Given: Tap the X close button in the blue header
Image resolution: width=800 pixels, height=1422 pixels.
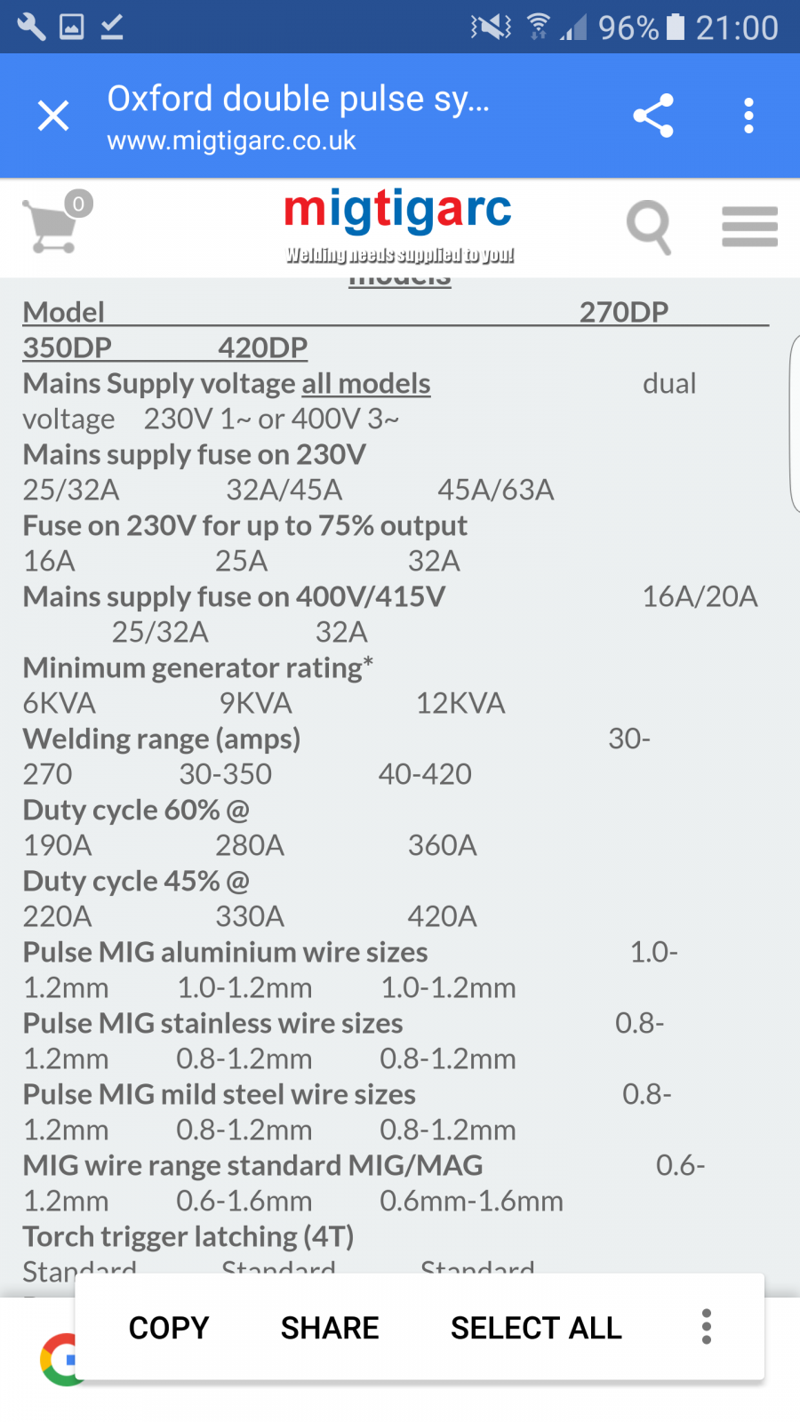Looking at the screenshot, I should click(53, 116).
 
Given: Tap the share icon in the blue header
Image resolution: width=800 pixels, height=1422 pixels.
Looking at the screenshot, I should click(653, 116).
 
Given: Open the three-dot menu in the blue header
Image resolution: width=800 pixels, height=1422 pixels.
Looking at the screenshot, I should click(748, 116).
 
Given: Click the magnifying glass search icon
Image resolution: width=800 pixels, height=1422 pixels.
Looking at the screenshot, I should click(649, 227).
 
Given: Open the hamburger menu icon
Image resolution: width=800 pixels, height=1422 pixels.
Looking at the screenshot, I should click(749, 227).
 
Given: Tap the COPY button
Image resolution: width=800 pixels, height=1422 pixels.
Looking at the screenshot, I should click(169, 1328).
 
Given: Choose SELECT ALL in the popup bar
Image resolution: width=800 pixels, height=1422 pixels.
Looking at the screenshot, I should click(536, 1328).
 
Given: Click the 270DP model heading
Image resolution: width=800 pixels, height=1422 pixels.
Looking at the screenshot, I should click(624, 312).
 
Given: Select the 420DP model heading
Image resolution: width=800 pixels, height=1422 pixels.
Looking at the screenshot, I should click(263, 348).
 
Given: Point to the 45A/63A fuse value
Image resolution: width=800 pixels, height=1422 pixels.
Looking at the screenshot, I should click(496, 490).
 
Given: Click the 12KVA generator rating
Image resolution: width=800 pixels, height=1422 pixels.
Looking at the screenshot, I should click(460, 703).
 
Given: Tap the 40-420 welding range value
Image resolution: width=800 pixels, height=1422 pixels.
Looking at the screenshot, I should click(425, 774).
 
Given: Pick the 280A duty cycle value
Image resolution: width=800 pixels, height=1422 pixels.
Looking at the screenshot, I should click(250, 845).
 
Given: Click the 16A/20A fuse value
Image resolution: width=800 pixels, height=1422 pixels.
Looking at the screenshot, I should click(700, 596).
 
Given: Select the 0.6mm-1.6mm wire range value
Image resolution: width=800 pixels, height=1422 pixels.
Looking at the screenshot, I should click(471, 1201).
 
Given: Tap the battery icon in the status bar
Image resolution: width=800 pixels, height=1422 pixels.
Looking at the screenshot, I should click(676, 28).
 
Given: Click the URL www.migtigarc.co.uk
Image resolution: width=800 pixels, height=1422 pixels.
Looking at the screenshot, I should click(231, 141).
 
